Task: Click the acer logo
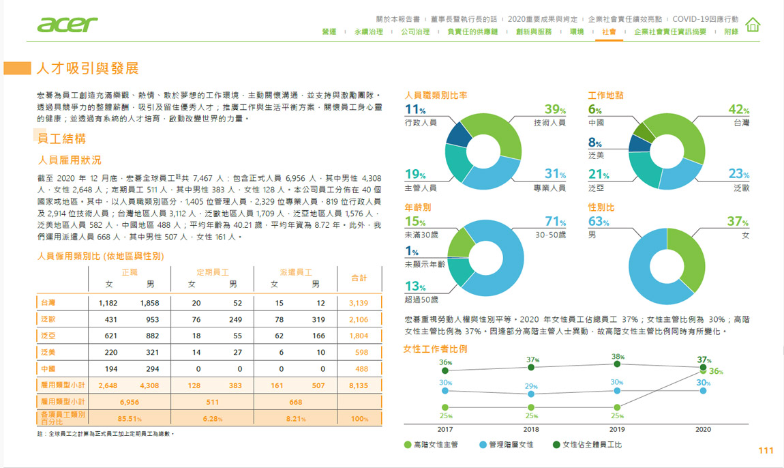coord(67,25)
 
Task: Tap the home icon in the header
coord(753,25)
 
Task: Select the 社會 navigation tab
coord(609,32)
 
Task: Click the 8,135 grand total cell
coord(358,385)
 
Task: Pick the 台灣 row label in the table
coord(48,302)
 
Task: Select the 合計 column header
coord(359,278)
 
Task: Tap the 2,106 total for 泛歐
coord(358,319)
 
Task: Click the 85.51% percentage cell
coord(130,418)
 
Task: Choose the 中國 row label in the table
coord(48,368)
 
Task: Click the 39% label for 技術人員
coord(555,110)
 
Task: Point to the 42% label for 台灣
coord(738,110)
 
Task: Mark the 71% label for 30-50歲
coord(555,222)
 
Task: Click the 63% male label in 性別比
coord(599,222)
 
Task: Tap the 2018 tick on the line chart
coord(531,429)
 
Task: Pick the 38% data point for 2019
coord(617,364)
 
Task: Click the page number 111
coord(766,450)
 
